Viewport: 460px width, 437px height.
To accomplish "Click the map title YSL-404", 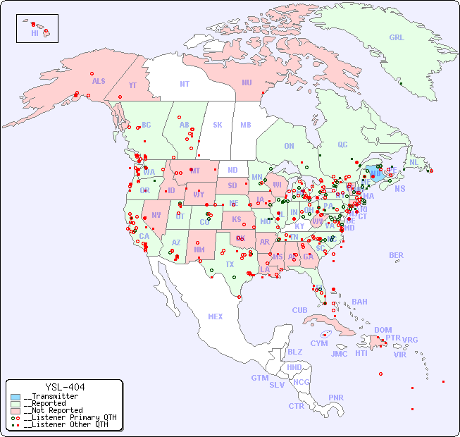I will pyautogui.click(x=65, y=387).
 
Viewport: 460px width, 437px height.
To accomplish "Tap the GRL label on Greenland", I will pyautogui.click(x=397, y=37).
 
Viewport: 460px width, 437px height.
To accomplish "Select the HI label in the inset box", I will pyautogui.click(x=35, y=32).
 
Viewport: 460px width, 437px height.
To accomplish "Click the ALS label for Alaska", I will pyautogui.click(x=99, y=81).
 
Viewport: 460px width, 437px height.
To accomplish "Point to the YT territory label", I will pyautogui.click(x=132, y=85).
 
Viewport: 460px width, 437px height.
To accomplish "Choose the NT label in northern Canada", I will pyautogui.click(x=185, y=83).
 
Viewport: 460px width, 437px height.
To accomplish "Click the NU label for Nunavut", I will pyautogui.click(x=247, y=82).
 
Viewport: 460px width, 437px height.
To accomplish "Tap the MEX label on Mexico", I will pyautogui.click(x=216, y=316).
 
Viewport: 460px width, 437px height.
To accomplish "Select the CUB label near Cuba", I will pyautogui.click(x=300, y=310).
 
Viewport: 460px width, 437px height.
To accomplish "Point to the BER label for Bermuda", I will pyautogui.click(x=397, y=255).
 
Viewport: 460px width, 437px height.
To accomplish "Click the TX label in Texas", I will pyautogui.click(x=229, y=265).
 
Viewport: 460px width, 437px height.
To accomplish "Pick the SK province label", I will pyautogui.click(x=218, y=125).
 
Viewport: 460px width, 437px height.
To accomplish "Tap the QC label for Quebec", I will pyautogui.click(x=342, y=144).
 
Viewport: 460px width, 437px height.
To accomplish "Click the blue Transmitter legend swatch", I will pyautogui.click(x=15, y=397).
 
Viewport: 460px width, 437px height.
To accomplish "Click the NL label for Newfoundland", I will pyautogui.click(x=414, y=161).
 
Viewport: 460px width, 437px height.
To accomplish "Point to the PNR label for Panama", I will pyautogui.click(x=336, y=398).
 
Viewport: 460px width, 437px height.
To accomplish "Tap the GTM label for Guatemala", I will pyautogui.click(x=259, y=378).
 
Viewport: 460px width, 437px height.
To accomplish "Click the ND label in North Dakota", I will pyautogui.click(x=232, y=170).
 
